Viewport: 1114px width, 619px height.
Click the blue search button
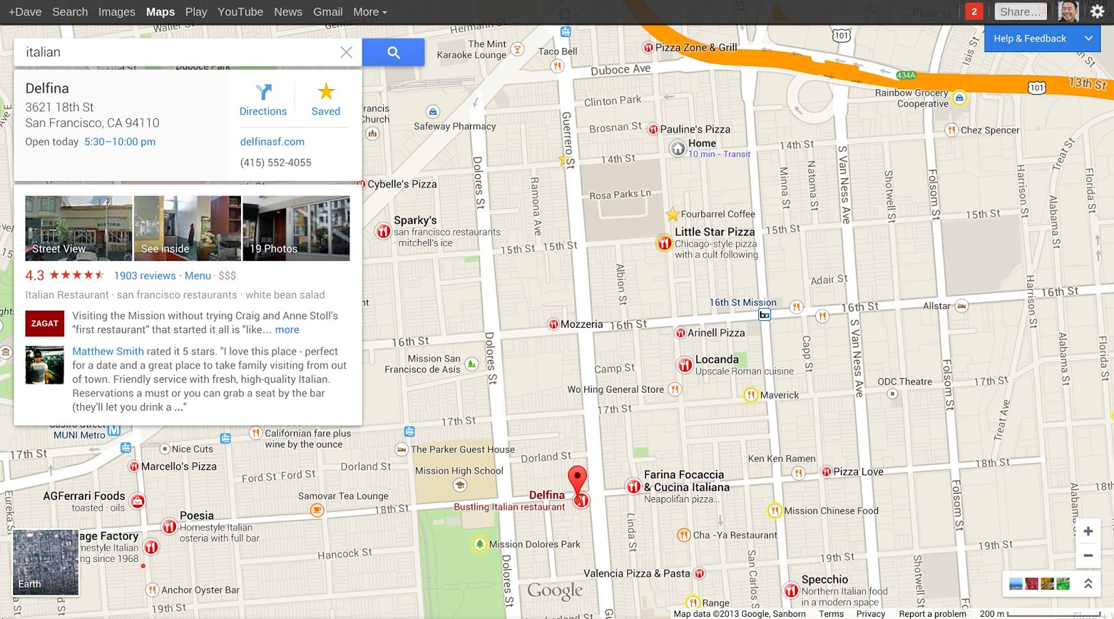(393, 52)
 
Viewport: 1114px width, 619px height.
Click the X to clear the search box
(346, 52)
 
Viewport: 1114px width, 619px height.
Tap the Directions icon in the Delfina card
(263, 92)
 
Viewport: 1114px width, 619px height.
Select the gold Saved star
(326, 92)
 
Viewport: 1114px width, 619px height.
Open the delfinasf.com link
(272, 141)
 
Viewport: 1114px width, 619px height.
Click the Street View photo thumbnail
(79, 228)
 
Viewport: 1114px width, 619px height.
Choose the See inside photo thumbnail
(187, 228)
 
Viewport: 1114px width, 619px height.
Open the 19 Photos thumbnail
(296, 228)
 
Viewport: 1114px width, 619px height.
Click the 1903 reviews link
(145, 276)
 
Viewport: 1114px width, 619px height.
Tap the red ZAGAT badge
(45, 323)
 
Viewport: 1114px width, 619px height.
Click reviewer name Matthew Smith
(108, 352)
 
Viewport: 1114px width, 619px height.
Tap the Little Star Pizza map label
(714, 232)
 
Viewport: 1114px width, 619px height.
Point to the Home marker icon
(678, 148)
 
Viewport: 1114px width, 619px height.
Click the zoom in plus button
(1088, 531)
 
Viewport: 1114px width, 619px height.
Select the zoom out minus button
(1088, 556)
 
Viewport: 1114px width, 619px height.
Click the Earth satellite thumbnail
(46, 562)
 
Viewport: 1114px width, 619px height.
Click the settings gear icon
(1097, 11)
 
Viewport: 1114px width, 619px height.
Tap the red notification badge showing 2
(974, 11)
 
